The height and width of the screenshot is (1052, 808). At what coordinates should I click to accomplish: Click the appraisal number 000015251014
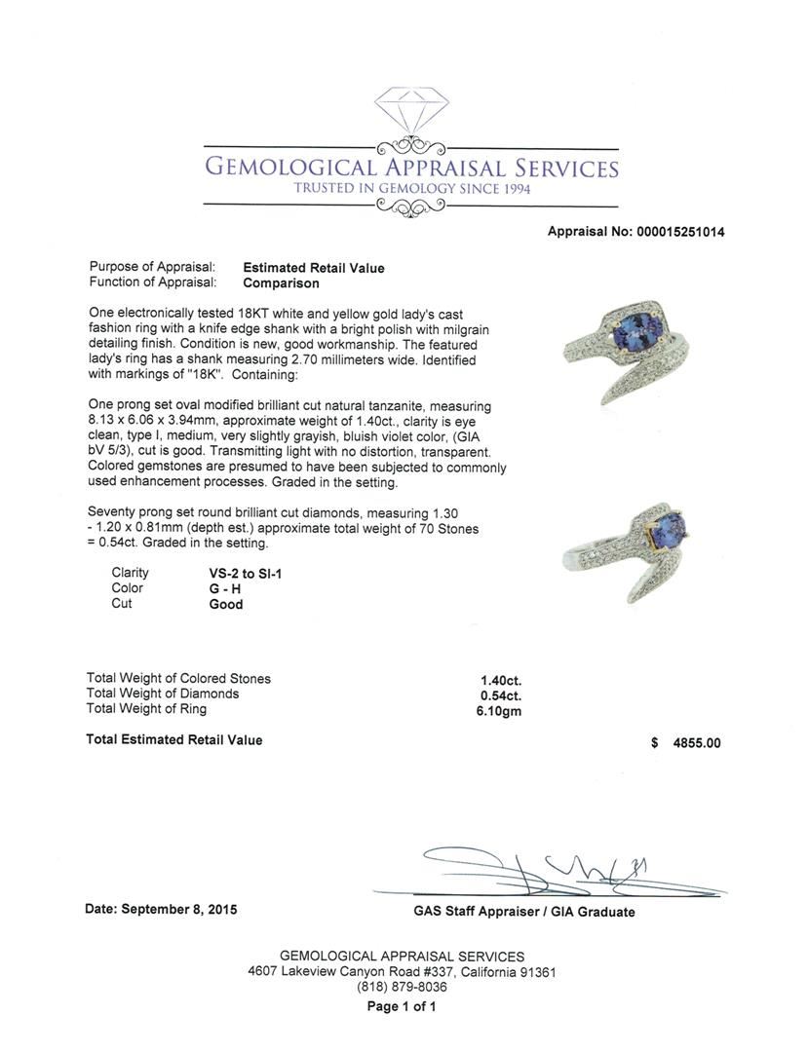pyautogui.click(x=679, y=232)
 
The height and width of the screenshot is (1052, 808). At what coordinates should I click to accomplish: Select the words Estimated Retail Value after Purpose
pyautogui.click(x=313, y=268)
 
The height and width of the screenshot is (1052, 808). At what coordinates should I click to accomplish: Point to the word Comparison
pyautogui.click(x=281, y=283)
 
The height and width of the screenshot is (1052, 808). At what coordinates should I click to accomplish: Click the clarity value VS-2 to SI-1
pyautogui.click(x=247, y=574)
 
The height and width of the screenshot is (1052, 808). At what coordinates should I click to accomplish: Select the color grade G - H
pyautogui.click(x=226, y=588)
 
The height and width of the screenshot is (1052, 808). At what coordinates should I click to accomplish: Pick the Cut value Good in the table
pyautogui.click(x=226, y=604)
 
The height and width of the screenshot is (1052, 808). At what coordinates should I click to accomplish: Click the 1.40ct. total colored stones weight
pyautogui.click(x=501, y=680)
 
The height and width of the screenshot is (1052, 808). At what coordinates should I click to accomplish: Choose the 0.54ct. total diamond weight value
pyautogui.click(x=501, y=695)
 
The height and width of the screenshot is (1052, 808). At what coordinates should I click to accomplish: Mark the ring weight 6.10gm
pyautogui.click(x=499, y=710)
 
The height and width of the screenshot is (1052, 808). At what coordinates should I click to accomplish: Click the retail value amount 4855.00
pyautogui.click(x=697, y=742)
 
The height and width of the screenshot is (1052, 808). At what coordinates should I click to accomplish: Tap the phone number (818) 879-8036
pyautogui.click(x=402, y=987)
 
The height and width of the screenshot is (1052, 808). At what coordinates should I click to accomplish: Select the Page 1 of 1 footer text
pyautogui.click(x=402, y=1007)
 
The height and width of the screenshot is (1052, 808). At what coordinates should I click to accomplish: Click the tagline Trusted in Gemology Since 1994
pyautogui.click(x=411, y=188)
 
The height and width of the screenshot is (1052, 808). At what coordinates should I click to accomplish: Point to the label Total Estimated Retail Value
pyautogui.click(x=174, y=740)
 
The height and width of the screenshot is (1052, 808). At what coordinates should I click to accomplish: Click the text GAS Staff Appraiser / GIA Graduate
pyautogui.click(x=523, y=912)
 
